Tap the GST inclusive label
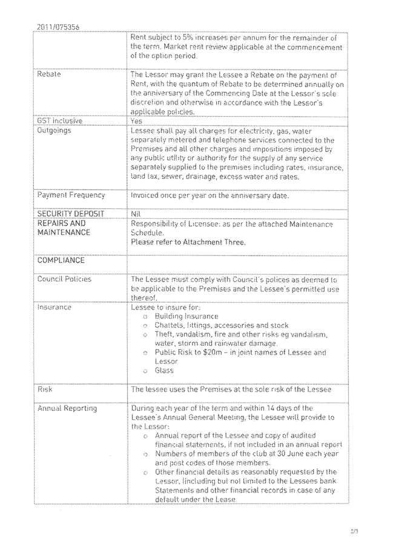point(59,120)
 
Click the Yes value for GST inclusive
point(136,120)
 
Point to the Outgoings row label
point(54,130)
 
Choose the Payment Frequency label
point(71,195)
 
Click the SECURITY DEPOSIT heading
point(70,214)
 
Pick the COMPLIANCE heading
point(61,261)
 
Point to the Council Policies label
point(64,279)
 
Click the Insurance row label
point(54,307)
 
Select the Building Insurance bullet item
point(187,316)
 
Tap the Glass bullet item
point(163,370)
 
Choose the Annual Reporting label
point(67,409)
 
